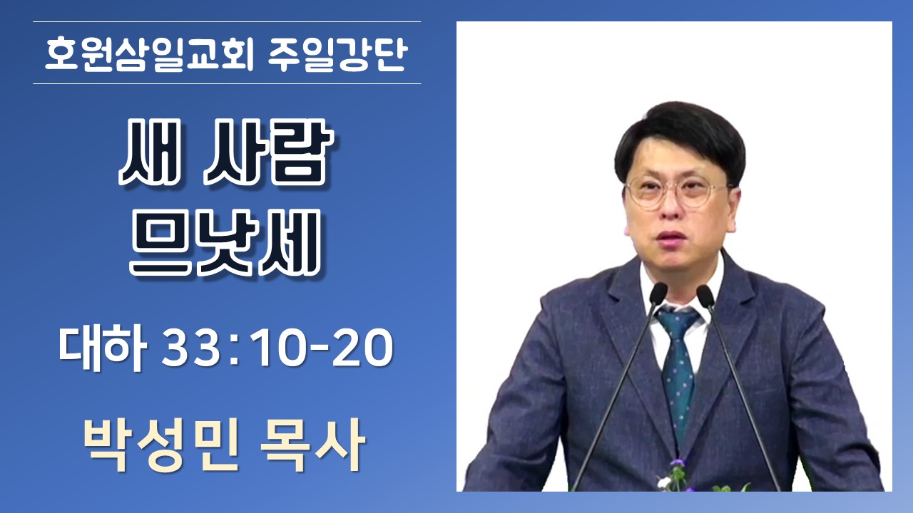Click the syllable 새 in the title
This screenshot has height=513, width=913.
[x=150, y=152]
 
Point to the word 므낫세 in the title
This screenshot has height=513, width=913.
[x=225, y=244]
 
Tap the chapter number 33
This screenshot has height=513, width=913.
[x=192, y=348]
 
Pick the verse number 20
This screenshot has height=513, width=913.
[x=363, y=348]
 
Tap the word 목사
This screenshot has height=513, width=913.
[x=312, y=446]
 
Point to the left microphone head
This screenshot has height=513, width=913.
[x=658, y=294]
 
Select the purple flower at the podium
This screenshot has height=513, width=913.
[x=678, y=463]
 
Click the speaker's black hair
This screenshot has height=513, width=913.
[x=680, y=138]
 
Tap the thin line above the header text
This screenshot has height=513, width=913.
[x=227, y=21]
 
